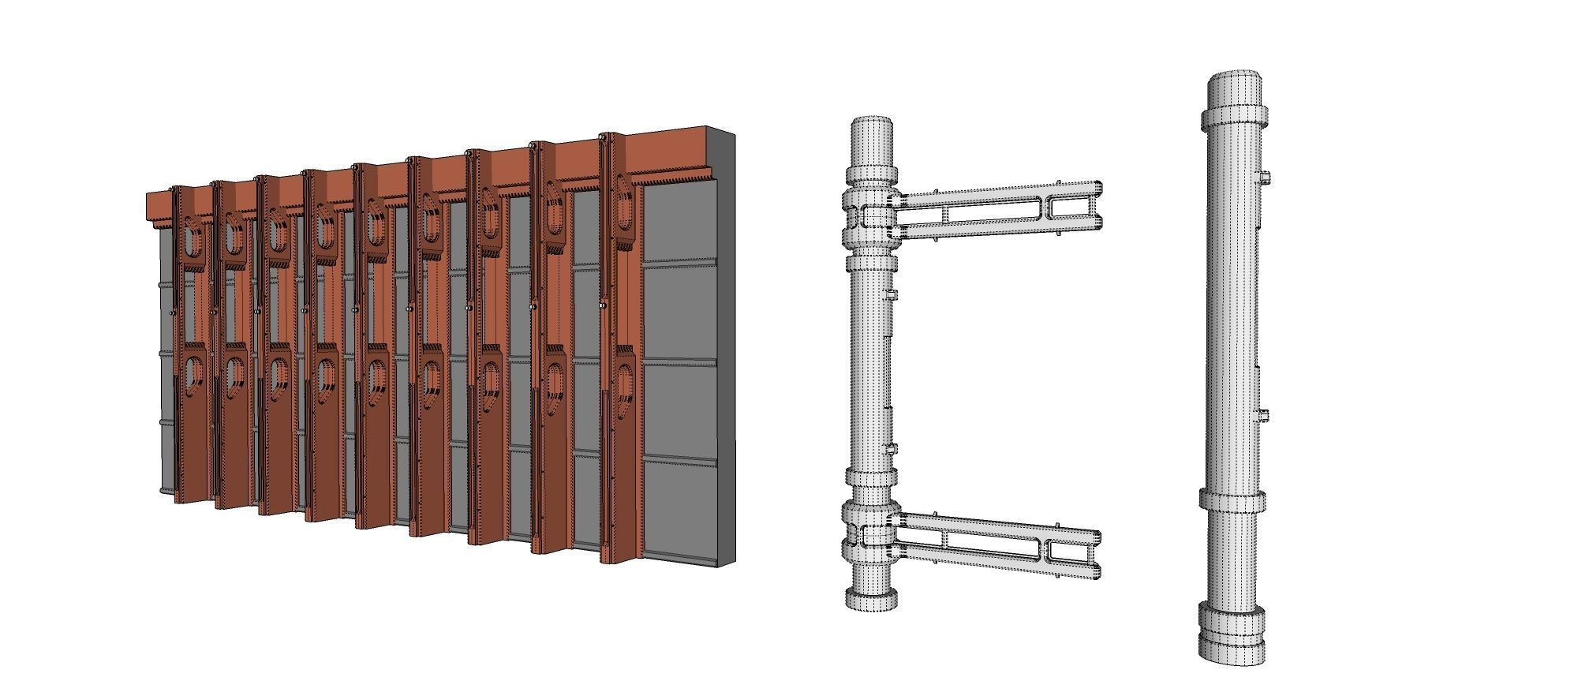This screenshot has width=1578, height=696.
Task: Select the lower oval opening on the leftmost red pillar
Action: pyautogui.click(x=192, y=378)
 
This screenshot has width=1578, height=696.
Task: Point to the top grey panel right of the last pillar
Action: pyautogui.click(x=680, y=222)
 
